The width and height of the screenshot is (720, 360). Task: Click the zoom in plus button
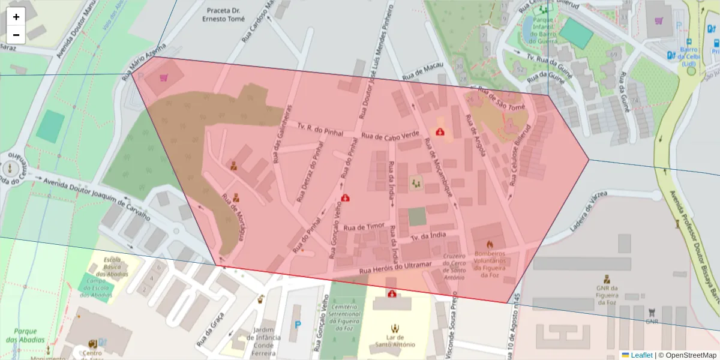point(16,17)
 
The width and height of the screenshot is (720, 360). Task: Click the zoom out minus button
point(16,35)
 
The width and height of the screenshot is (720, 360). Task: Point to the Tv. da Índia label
point(428,235)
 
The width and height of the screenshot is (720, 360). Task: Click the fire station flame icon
point(489,244)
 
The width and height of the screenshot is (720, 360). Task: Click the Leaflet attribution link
point(641,355)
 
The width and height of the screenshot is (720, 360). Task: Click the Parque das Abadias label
point(25,335)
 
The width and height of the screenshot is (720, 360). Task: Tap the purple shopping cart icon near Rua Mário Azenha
point(164,77)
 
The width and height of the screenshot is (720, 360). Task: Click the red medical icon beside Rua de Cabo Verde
point(440,131)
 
